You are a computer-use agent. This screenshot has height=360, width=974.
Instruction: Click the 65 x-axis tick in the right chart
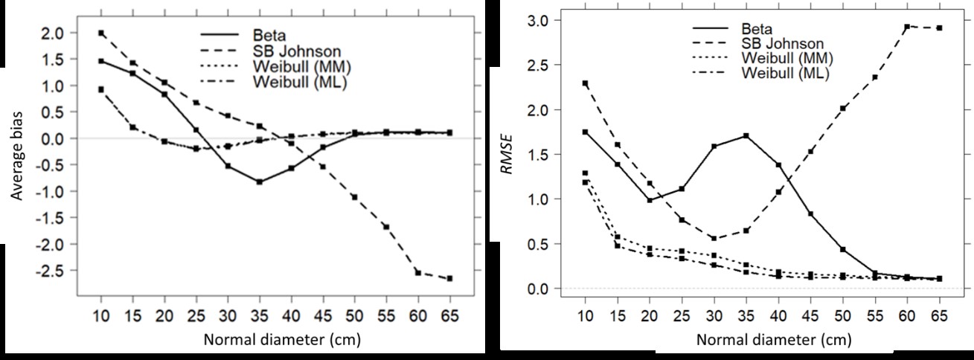[x=939, y=315]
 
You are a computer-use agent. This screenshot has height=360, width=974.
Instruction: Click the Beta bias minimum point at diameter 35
[x=259, y=181]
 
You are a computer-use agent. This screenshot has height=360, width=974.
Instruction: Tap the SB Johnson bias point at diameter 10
[x=101, y=33]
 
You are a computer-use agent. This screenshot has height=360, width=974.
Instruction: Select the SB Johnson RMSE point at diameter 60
[x=906, y=27]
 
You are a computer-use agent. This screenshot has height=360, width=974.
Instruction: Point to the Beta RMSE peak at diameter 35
[x=746, y=136]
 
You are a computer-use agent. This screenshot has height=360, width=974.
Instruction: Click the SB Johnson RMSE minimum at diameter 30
[x=713, y=238]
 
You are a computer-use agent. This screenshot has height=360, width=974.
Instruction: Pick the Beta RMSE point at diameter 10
[x=585, y=132]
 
